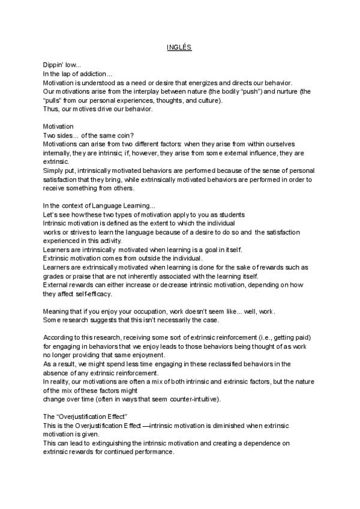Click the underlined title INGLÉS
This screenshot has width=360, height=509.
click(179, 46)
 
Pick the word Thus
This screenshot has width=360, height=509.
click(50, 109)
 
